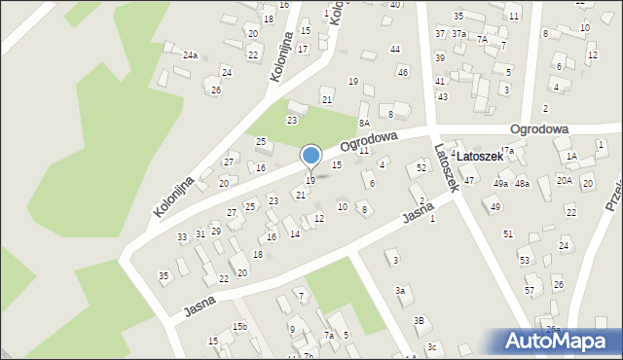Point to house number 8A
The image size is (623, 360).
[x=364, y=124]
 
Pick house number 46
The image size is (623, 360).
[x=403, y=73]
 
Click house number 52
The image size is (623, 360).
[x=421, y=168]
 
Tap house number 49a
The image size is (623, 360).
[x=500, y=184]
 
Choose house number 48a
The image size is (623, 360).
[x=523, y=184]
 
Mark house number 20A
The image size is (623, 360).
[x=564, y=180]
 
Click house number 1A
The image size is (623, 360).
[x=572, y=157]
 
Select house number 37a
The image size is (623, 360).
[x=458, y=33]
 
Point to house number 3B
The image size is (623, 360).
[x=420, y=320]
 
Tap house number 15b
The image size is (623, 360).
[x=239, y=327]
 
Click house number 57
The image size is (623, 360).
[x=530, y=291]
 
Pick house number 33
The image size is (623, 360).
[x=182, y=237]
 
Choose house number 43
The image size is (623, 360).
[x=442, y=96]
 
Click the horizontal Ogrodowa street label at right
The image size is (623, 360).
[x=537, y=128]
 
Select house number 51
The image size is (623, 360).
[x=508, y=234]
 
